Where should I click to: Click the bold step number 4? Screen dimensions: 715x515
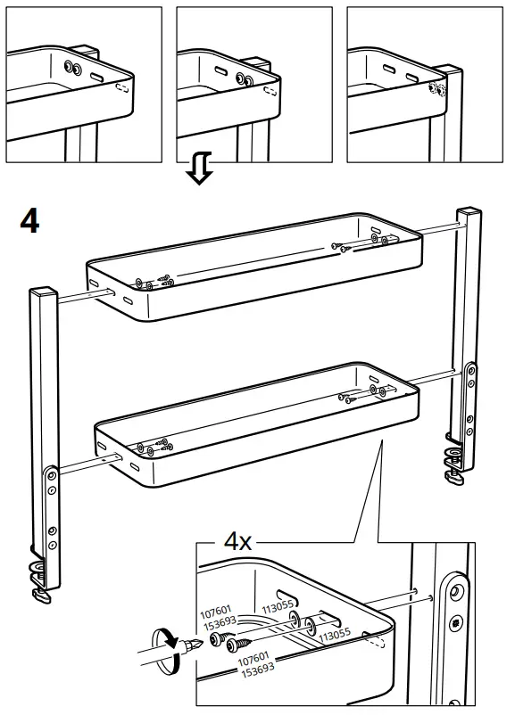point(29,220)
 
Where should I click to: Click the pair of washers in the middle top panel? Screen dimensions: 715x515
point(243,78)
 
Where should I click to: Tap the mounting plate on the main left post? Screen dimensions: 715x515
point(53,506)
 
